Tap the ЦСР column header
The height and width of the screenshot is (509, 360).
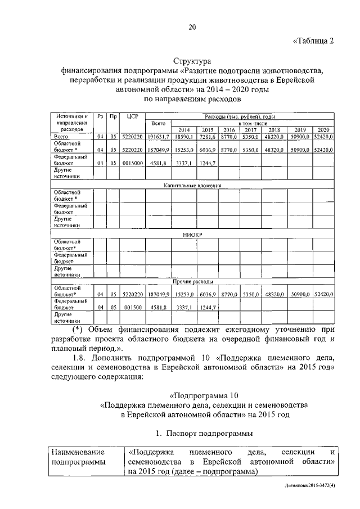132,116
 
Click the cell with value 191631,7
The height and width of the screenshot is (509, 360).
159,137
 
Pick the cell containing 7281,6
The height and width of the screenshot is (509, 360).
208,137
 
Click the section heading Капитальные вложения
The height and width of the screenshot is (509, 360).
192,185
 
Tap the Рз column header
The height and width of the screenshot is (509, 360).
100,116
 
